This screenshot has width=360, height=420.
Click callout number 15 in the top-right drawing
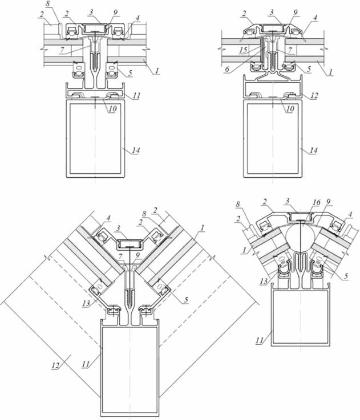pyautogui.click(x=244, y=50)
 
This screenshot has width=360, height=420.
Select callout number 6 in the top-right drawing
pyautogui.click(x=227, y=69)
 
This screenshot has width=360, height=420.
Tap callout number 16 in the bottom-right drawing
pyautogui.click(x=317, y=202)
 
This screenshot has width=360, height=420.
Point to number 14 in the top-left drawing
pyautogui.click(x=136, y=150)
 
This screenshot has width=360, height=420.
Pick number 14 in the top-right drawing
pyautogui.click(x=313, y=150)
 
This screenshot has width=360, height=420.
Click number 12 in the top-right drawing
pyautogui.click(x=314, y=95)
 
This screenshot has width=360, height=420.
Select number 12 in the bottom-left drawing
pyautogui.click(x=55, y=365)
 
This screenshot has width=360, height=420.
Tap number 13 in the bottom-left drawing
pyautogui.click(x=86, y=303)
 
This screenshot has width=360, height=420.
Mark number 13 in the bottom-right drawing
pyautogui.click(x=264, y=281)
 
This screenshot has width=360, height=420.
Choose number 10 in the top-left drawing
pyautogui.click(x=112, y=108)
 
